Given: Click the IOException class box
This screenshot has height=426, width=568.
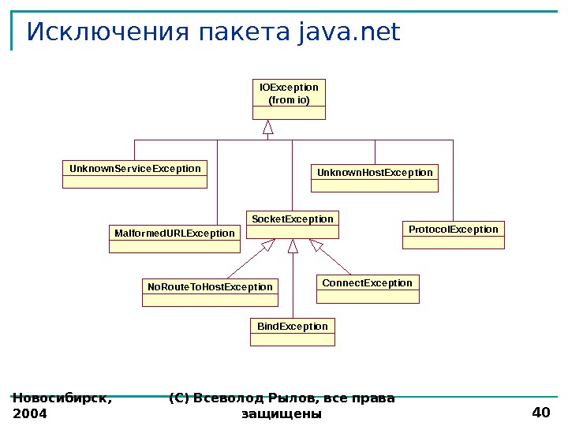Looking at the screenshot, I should [x=290, y=99].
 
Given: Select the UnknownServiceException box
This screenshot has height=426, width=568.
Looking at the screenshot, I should [x=135, y=174].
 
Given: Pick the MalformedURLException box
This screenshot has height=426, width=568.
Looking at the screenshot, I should [x=174, y=238].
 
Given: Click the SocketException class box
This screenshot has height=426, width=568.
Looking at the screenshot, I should [x=292, y=224].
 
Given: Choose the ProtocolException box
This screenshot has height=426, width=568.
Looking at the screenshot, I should [x=454, y=234].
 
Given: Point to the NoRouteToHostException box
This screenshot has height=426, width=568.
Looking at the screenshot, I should [x=210, y=293].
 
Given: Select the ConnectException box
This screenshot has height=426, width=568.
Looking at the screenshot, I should [x=368, y=289].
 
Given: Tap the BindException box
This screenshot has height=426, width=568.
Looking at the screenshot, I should [x=293, y=331].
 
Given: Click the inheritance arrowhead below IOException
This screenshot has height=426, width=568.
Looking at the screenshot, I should [x=268, y=126].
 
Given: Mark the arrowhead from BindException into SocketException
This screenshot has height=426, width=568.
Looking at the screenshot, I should [x=293, y=246].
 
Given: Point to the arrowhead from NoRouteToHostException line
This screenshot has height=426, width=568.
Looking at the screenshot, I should [x=268, y=245].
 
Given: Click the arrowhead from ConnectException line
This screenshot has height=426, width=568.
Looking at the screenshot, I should [x=316, y=245].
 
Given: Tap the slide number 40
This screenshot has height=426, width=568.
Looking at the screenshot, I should [x=540, y=413].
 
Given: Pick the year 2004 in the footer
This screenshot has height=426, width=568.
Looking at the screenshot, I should [x=30, y=413].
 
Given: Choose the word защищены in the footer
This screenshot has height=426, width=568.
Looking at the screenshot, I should [x=282, y=413].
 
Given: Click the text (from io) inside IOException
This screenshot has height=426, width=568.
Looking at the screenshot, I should [x=290, y=101].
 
